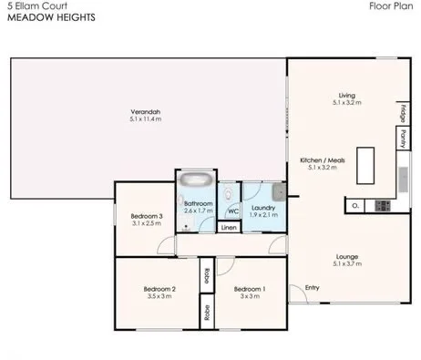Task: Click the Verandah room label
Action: click(145, 113)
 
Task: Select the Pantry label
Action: click(401, 139)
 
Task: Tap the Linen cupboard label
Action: click(230, 226)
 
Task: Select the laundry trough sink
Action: click(278, 190)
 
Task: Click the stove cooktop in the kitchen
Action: click(382, 205)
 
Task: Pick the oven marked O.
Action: click(355, 205)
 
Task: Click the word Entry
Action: click(312, 289)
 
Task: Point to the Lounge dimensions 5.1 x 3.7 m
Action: click(347, 264)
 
